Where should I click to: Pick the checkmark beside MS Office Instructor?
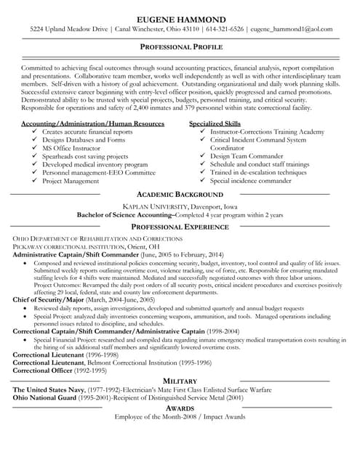click(x=34, y=147)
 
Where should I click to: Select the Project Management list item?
click(x=71, y=180)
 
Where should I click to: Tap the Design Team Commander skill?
click(x=247, y=155)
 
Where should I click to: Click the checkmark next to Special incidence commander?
click(x=201, y=180)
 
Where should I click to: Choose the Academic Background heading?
click(x=180, y=195)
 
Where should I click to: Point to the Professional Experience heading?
click(x=180, y=227)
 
